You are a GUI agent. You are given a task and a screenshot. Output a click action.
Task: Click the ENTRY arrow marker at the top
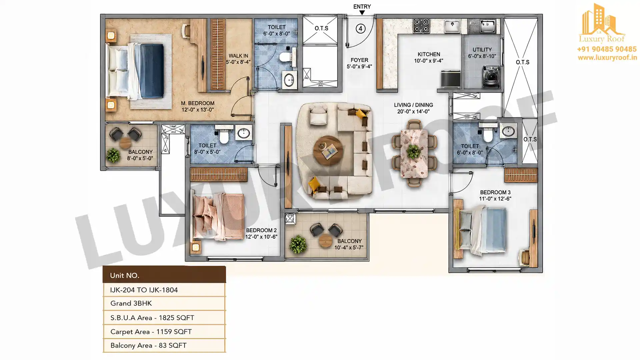pos(362,13)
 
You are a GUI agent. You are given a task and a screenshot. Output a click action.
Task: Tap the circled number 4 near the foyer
pos(360,29)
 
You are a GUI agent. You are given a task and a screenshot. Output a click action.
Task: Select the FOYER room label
pos(359,60)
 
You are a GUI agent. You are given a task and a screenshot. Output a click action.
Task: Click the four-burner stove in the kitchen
pos(421,26)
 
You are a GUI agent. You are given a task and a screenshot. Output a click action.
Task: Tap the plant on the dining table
pos(414,152)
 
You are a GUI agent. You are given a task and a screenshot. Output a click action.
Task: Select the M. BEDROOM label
pos(198,103)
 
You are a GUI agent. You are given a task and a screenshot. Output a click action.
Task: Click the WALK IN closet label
pos(238,56)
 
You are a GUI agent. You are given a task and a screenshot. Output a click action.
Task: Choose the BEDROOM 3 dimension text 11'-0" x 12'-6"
pos(495,199)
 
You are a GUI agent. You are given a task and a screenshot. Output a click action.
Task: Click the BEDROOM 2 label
pos(261,230)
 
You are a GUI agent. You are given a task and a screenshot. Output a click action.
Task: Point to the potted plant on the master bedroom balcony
pos(113,155)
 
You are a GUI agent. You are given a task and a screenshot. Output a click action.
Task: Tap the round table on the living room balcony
pos(325,240)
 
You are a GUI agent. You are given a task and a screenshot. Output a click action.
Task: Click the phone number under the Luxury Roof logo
pos(607,49)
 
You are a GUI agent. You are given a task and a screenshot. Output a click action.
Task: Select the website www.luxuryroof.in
pos(607,58)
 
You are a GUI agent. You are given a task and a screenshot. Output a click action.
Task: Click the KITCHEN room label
pos(429,54)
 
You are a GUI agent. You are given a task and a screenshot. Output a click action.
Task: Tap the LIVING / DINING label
pos(413,105)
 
